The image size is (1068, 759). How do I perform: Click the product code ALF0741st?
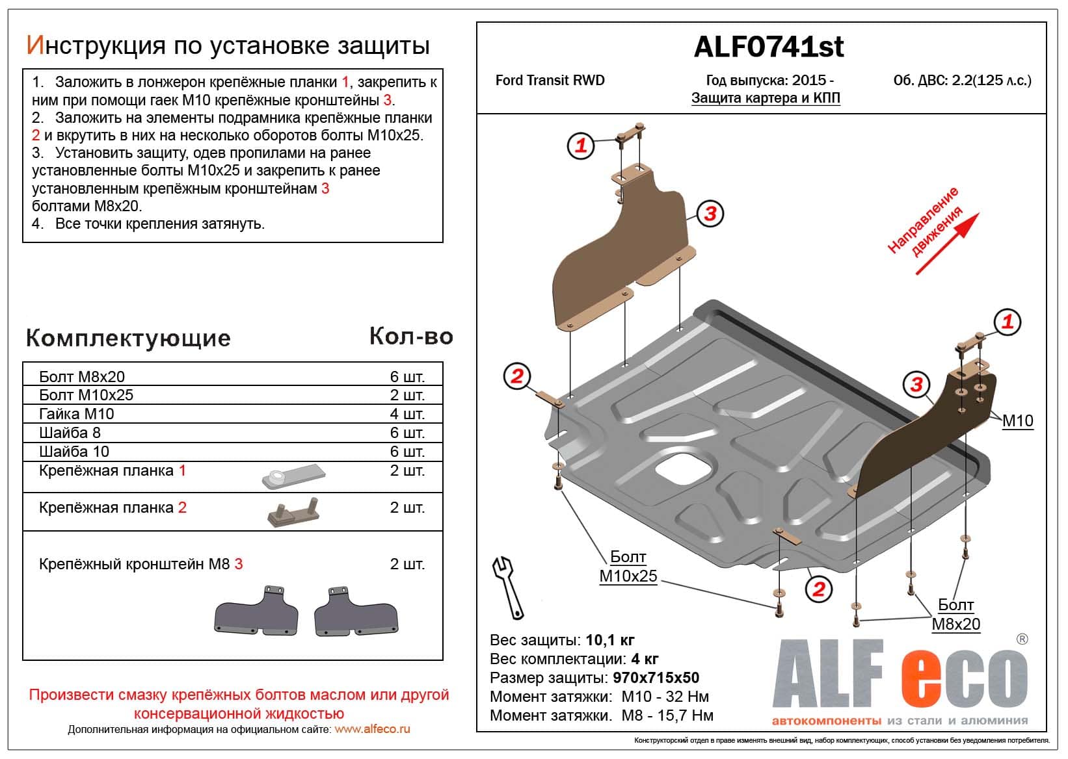click(x=769, y=47)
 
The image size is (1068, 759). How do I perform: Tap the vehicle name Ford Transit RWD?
click(x=550, y=81)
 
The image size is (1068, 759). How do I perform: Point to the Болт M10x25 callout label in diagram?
click(x=628, y=567)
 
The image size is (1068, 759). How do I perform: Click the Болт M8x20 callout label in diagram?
click(x=955, y=615)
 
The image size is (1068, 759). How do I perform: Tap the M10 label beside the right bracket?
click(x=1017, y=421)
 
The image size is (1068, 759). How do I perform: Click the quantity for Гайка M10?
click(x=407, y=414)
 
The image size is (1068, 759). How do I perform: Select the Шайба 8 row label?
click(x=70, y=433)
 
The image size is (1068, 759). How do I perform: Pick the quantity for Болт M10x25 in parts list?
click(x=407, y=395)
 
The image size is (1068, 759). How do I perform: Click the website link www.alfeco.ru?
click(x=372, y=729)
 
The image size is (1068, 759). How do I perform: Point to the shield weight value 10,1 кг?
click(x=610, y=640)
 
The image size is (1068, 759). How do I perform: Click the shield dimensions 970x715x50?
click(x=656, y=678)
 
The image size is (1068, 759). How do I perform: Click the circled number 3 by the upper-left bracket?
click(x=710, y=213)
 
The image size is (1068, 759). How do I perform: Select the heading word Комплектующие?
click(x=128, y=338)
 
